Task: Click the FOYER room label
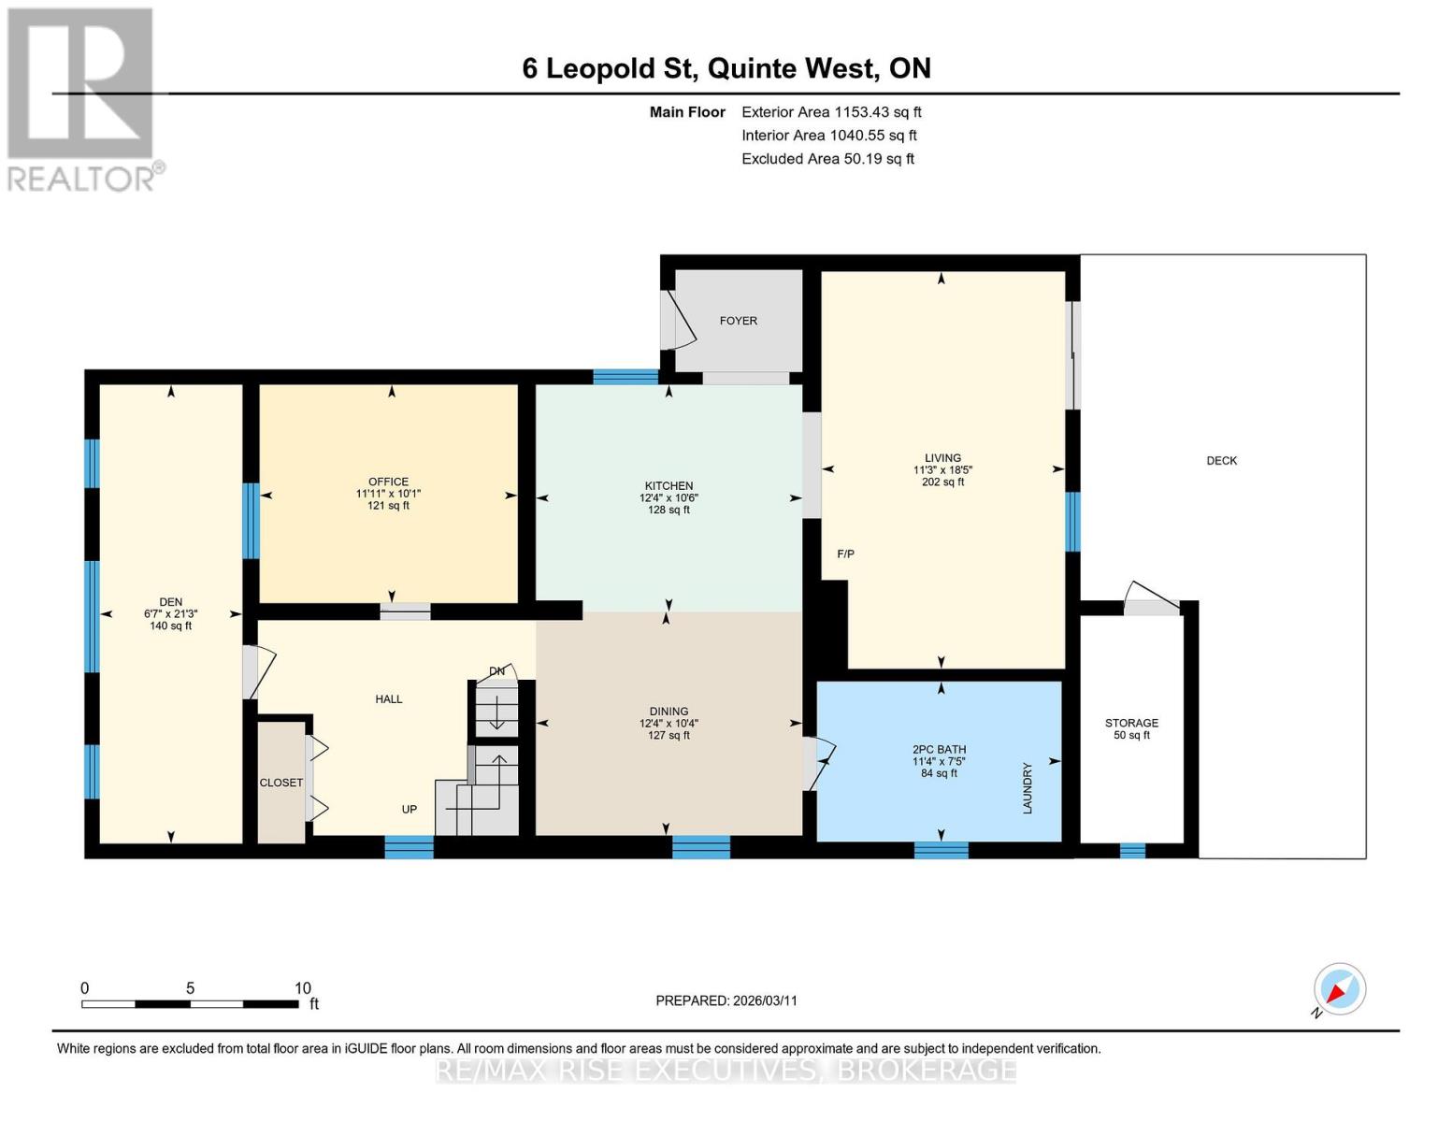(738, 321)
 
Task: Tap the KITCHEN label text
(668, 486)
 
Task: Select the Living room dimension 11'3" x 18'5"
(942, 470)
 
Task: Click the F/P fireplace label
(845, 554)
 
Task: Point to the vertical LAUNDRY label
(1027, 788)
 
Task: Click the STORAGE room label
(1131, 723)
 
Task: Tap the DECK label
(1221, 461)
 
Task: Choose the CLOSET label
(280, 783)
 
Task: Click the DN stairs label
(496, 671)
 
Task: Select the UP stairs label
(409, 810)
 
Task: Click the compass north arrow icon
(1339, 989)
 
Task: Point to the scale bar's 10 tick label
(302, 988)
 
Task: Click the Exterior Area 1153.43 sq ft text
(831, 112)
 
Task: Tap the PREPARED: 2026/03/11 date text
(726, 1000)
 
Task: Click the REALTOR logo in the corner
(82, 98)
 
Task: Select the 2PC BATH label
(939, 749)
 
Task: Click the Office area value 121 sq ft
(388, 506)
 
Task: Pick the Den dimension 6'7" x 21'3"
(170, 614)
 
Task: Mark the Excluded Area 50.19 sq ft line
(827, 159)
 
